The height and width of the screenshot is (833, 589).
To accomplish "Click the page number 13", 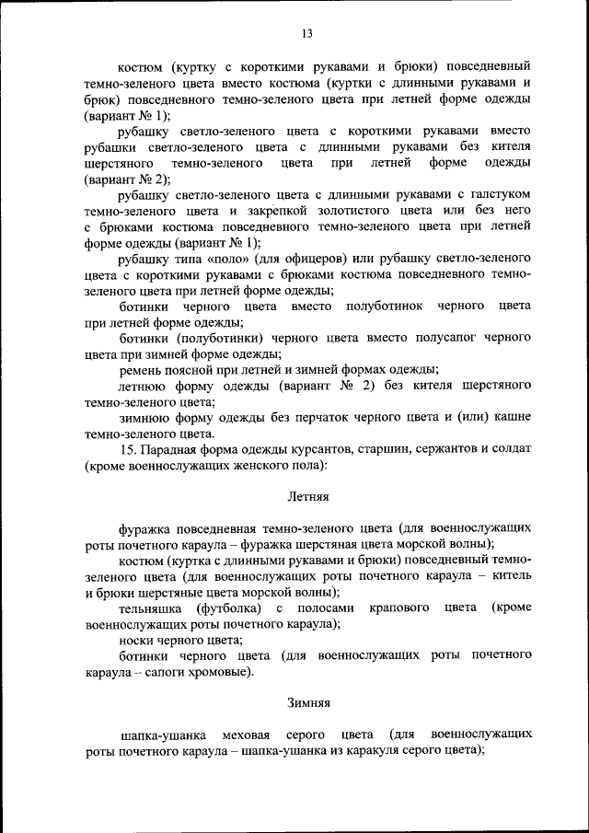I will (x=306, y=34).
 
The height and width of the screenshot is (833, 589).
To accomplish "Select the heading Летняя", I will (x=306, y=497).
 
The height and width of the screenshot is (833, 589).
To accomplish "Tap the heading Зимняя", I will (x=306, y=703).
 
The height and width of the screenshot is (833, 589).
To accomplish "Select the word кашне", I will (x=512, y=419).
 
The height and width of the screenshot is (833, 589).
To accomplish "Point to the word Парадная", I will (x=179, y=451).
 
